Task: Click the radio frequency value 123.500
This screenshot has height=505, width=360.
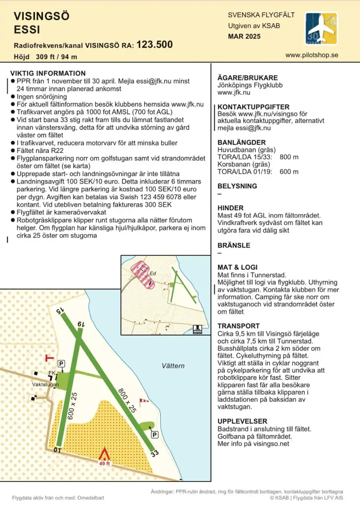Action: (x=154, y=44)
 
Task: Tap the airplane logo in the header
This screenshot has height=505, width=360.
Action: (x=321, y=29)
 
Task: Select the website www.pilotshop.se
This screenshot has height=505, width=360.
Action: (x=312, y=55)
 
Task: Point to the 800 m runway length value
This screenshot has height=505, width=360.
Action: (x=289, y=157)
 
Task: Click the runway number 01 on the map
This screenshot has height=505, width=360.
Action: (x=57, y=449)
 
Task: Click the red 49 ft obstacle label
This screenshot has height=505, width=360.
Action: (x=104, y=464)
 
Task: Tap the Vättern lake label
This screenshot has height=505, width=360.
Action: (x=173, y=366)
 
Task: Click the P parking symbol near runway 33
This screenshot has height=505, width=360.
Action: (x=154, y=434)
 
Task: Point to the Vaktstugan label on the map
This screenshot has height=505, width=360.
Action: (x=45, y=384)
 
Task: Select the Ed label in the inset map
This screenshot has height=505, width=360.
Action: (x=153, y=273)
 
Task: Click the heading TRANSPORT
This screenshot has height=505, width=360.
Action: (x=238, y=326)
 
